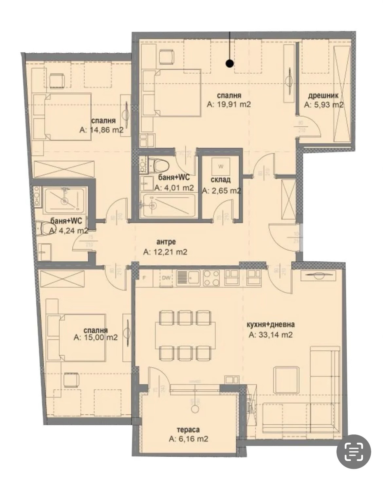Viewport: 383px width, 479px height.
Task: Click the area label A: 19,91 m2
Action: [x=229, y=105]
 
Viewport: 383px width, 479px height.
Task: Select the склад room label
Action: [x=221, y=180]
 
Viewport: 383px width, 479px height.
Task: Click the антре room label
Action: [x=166, y=242]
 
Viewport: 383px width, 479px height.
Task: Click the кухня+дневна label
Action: [x=271, y=325]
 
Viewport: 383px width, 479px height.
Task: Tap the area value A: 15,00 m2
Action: [x=96, y=338]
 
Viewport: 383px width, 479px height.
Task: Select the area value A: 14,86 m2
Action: [x=101, y=130]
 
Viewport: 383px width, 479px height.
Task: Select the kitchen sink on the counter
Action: [x=188, y=278]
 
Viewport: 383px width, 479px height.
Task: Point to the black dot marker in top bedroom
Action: [x=230, y=63]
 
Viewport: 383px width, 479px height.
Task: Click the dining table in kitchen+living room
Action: [x=185, y=335]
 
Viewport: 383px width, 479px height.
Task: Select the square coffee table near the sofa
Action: [x=286, y=380]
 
